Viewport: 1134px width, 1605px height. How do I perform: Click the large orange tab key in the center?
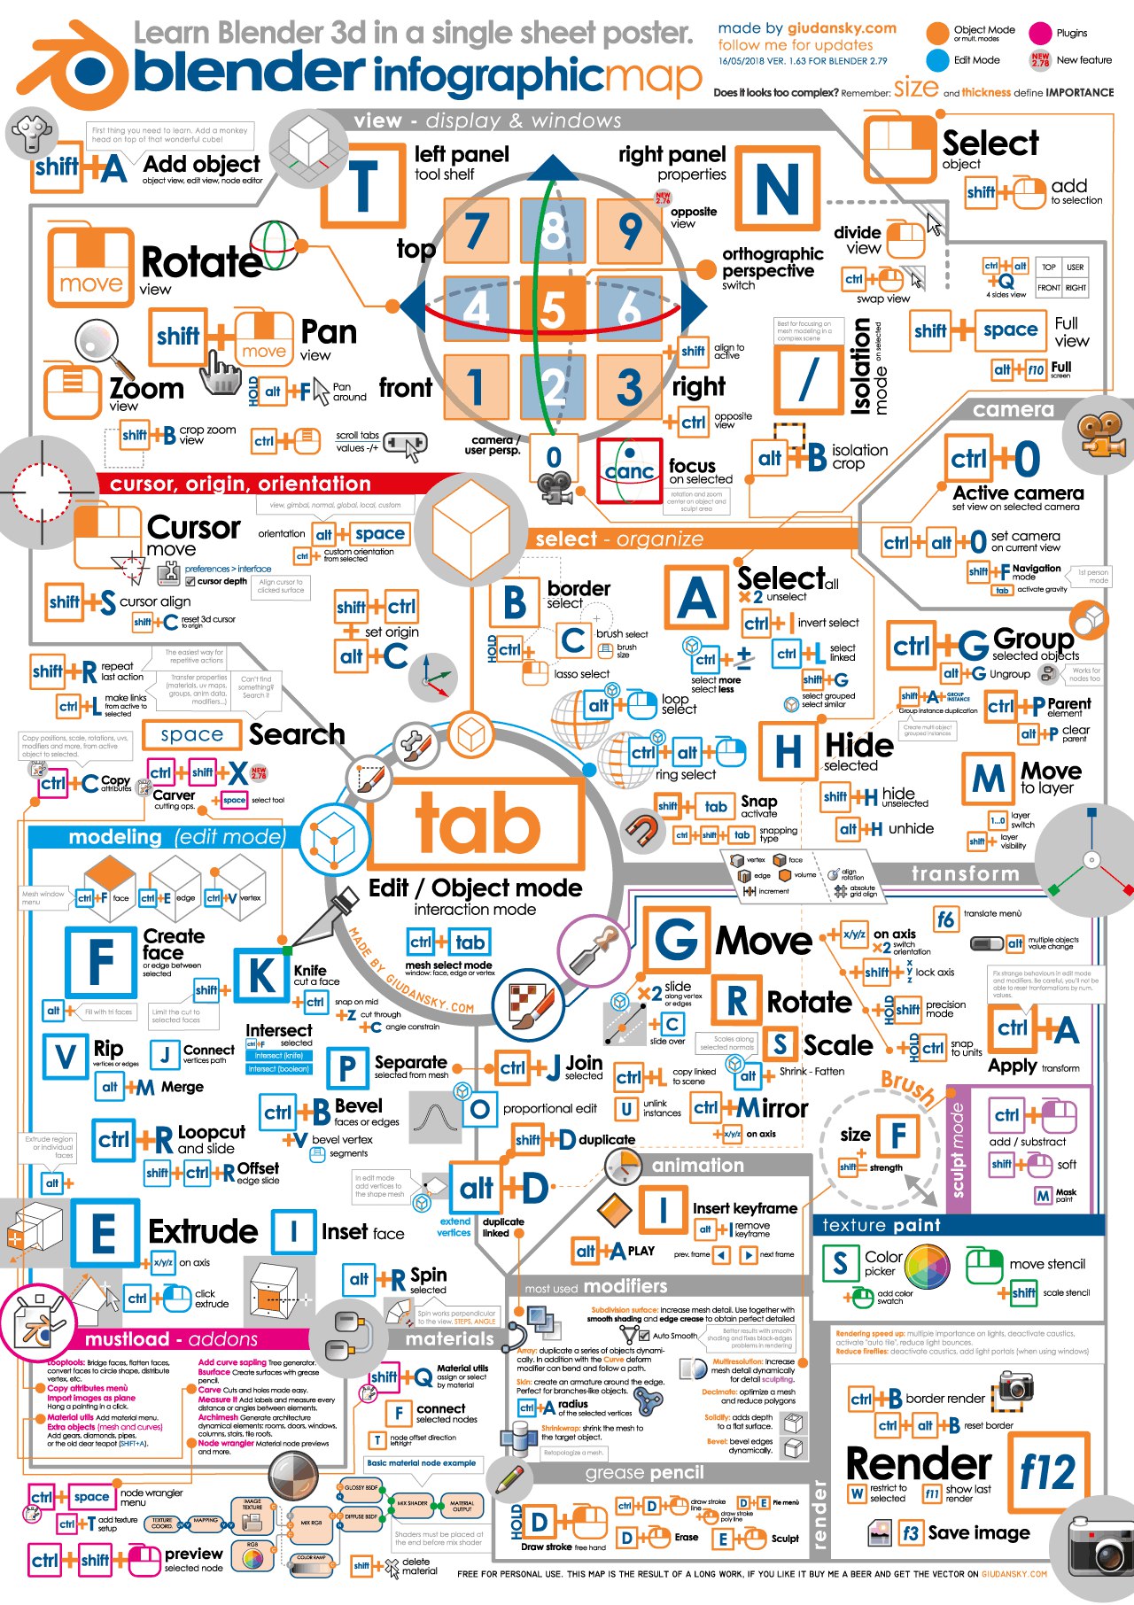(477, 823)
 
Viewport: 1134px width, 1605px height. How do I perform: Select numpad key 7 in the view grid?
(477, 230)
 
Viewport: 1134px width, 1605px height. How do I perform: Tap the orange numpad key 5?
(553, 308)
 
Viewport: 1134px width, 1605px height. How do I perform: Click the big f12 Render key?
(1046, 1472)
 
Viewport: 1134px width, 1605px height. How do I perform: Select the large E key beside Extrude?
(104, 1234)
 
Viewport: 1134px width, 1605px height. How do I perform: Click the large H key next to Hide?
(787, 751)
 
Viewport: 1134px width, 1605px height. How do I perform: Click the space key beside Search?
(192, 734)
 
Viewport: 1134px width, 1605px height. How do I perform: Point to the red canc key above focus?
(629, 470)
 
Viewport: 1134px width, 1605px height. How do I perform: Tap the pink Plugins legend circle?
(1039, 34)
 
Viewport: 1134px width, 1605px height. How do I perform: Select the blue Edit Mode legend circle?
(936, 60)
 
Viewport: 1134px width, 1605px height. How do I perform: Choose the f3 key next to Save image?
(910, 1532)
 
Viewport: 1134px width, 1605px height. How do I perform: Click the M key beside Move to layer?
(988, 779)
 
